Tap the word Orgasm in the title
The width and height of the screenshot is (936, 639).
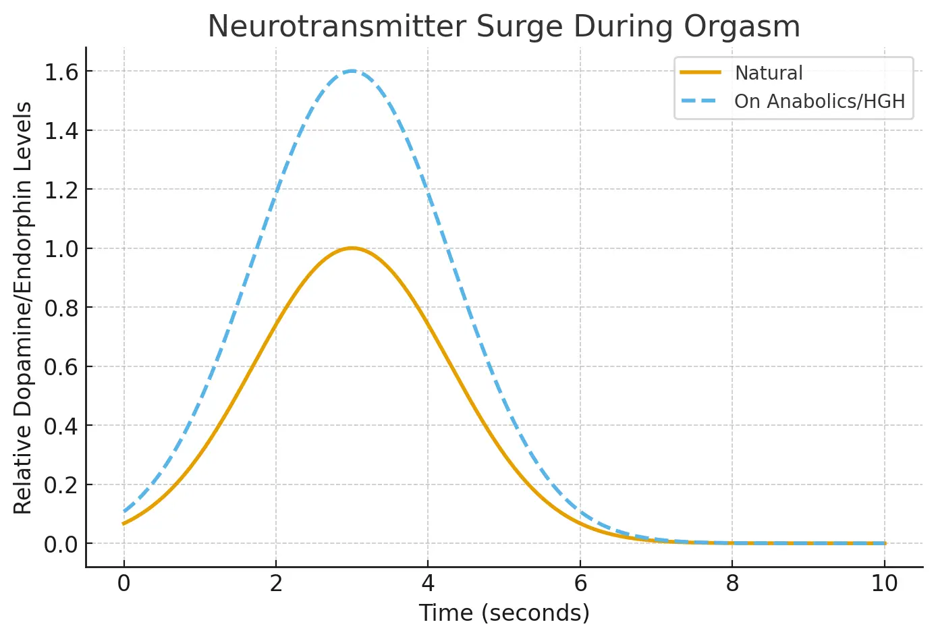tap(742, 27)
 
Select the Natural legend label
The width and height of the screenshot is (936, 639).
tap(769, 73)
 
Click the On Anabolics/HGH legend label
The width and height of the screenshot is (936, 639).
tap(819, 101)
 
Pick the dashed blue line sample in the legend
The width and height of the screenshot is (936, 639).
tap(700, 101)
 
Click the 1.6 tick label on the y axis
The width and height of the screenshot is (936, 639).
tap(61, 72)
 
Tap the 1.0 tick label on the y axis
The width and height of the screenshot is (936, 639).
tap(61, 249)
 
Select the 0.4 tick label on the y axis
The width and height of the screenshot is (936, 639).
tap(61, 426)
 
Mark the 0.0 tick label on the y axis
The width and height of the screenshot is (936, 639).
tap(61, 544)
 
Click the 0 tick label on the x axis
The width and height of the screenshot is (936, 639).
tap(123, 584)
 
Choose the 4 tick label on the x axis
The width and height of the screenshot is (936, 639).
tap(428, 584)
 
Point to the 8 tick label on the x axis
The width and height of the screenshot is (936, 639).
tap(732, 584)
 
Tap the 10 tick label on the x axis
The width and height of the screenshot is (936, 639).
tap(884, 584)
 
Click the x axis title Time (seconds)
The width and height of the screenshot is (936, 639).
tap(504, 613)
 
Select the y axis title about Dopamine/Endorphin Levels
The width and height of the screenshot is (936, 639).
tap(24, 308)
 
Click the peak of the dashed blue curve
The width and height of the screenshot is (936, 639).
tap(352, 71)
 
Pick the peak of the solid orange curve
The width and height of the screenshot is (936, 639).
tap(352, 248)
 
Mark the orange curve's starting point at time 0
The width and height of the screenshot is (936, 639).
tap(124, 523)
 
